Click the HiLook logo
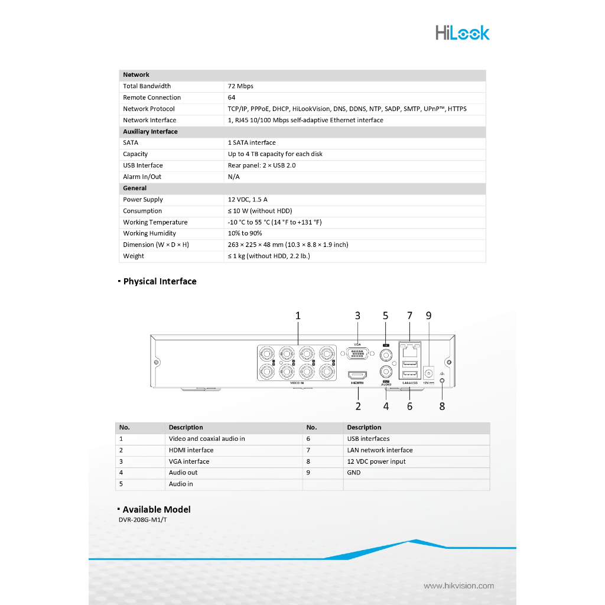coord(462,32)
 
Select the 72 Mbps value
coord(240,86)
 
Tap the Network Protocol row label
coord(149,109)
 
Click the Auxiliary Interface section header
coord(150,132)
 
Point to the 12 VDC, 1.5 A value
coord(248,200)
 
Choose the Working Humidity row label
coord(149,233)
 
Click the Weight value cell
coord(269,256)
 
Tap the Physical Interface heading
coord(160,281)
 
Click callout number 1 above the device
coord(298,316)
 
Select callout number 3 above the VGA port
coord(357,316)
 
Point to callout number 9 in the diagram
coord(429,316)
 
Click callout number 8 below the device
coord(442,406)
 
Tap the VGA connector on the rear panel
coord(357,354)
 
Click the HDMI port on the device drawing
coord(357,375)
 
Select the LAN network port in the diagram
coord(409,350)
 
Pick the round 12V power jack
coord(429,373)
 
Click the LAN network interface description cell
coord(380,450)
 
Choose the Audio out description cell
coord(183,473)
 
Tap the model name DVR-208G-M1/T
coord(147,520)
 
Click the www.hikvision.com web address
coord(458,586)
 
